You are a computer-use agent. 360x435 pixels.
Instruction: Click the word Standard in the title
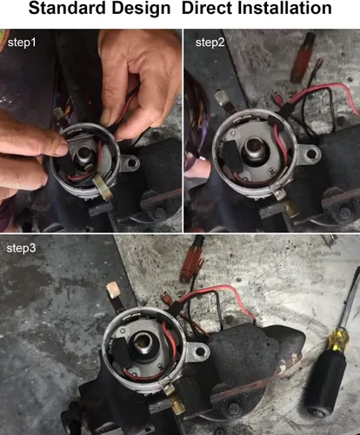67,8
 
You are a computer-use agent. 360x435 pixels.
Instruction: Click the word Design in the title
141,9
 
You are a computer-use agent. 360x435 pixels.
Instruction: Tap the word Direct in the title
206,8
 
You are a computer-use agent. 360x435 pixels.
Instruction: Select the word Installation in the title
284,8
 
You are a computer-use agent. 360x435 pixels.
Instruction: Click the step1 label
22,43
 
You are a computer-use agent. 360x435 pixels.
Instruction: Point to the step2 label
210,43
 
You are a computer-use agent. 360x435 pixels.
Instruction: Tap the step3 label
21,248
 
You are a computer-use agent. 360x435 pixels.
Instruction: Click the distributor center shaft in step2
255,148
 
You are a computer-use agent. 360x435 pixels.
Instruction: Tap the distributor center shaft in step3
143,343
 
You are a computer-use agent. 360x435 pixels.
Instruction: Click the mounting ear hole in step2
311,153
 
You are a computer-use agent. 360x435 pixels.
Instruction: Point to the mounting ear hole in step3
200,351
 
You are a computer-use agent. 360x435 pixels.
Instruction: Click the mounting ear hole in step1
132,163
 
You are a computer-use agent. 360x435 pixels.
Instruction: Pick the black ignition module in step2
231,153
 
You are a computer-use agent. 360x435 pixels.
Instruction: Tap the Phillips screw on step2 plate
273,171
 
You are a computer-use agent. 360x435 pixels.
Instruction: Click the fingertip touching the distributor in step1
62,149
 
